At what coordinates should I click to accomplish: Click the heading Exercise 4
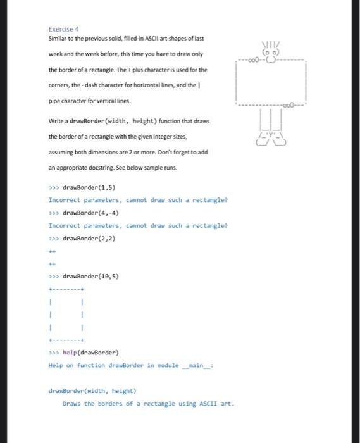pos(63,28)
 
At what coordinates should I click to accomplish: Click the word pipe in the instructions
pos(54,101)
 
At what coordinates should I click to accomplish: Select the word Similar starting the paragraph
pos(58,39)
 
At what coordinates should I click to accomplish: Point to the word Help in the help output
pos(56,365)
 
